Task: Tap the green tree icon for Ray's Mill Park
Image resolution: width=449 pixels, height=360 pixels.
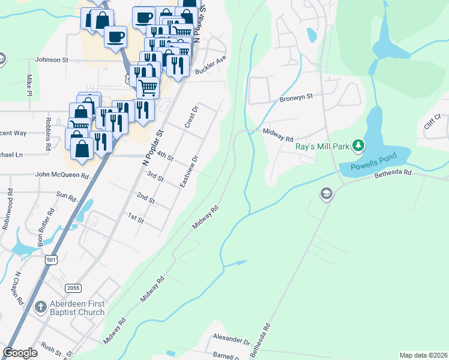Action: [358, 145]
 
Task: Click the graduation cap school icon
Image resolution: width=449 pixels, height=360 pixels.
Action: [327, 194]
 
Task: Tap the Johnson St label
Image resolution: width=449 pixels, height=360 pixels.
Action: [52, 60]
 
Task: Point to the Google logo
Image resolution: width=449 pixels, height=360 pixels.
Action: [20, 352]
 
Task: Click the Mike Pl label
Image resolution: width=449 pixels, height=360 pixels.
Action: [29, 85]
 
